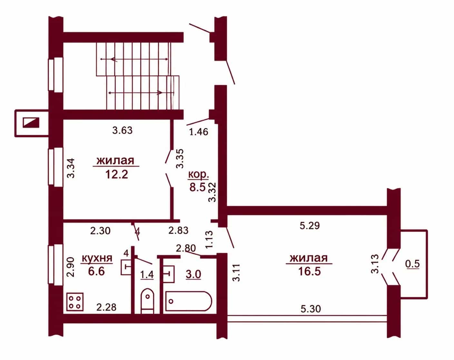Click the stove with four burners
75,302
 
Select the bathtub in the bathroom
188,301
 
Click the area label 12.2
117,174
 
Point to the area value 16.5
309,271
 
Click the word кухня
97,258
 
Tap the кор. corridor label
198,175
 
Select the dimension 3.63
122,130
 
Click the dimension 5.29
310,226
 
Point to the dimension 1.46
199,132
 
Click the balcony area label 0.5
413,264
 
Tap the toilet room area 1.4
147,275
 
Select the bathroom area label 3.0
193,274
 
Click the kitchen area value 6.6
96,271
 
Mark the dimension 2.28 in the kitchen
106,307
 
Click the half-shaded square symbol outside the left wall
31,122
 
